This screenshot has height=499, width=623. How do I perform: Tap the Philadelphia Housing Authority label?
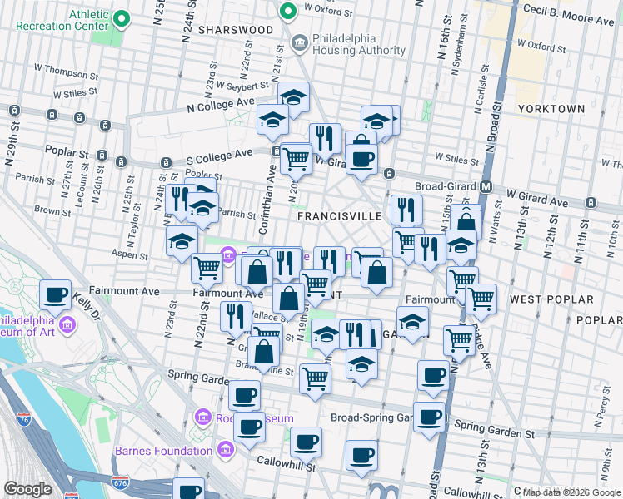pos(359,44)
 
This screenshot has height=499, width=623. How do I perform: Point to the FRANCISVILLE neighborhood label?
pos(340,215)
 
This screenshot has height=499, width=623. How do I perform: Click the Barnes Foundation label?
pos(163,451)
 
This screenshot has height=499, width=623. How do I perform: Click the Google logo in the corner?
pos(27,489)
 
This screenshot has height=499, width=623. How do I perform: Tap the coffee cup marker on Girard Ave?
pos(361,158)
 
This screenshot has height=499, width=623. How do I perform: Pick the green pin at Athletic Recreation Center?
pos(122,17)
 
